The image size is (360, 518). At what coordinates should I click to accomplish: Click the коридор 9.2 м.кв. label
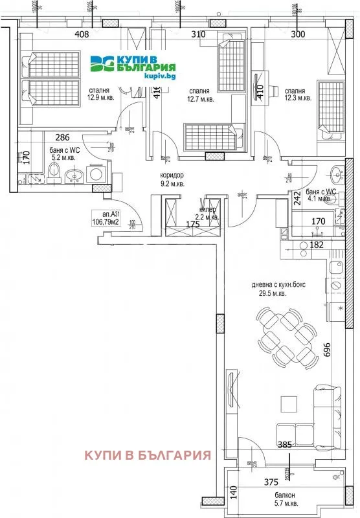[173, 179]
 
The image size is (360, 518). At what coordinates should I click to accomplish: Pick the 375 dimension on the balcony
[279, 480]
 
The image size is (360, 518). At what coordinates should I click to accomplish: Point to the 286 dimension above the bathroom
[62, 137]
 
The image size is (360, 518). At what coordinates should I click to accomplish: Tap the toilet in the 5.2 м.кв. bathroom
[54, 173]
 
